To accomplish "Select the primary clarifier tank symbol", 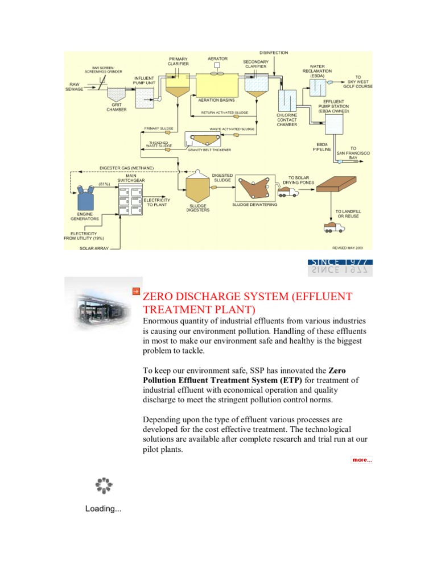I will click(x=178, y=86).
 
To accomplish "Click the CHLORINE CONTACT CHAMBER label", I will click(x=287, y=119).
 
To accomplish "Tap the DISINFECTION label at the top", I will click(x=274, y=53).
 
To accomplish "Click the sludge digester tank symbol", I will click(x=198, y=187).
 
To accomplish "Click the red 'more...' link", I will click(x=361, y=460).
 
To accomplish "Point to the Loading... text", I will click(x=103, y=508).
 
